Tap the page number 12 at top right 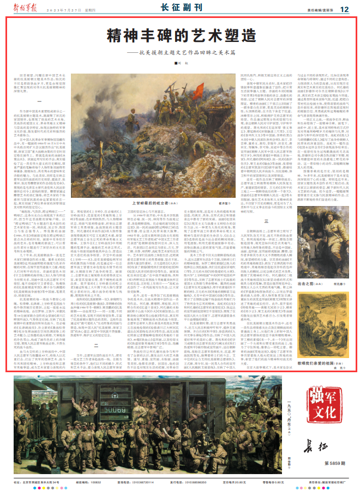[x=344, y=8]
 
